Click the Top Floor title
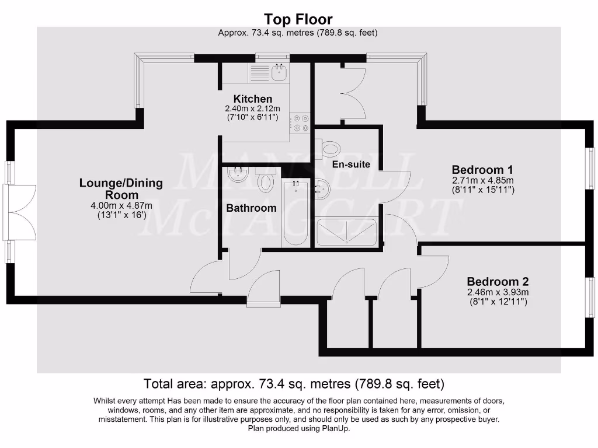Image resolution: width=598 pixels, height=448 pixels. click(x=298, y=19)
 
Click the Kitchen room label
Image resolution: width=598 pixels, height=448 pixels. click(x=252, y=99)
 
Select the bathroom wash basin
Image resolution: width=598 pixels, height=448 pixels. click(x=238, y=175)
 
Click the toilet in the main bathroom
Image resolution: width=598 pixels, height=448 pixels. click(x=266, y=181)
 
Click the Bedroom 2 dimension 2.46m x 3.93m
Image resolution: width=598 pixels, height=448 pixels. click(x=498, y=292)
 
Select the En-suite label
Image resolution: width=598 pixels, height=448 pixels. click(x=351, y=164)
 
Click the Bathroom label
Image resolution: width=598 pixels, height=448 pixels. click(x=251, y=208)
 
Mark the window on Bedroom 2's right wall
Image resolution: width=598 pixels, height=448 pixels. click(x=590, y=297)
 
